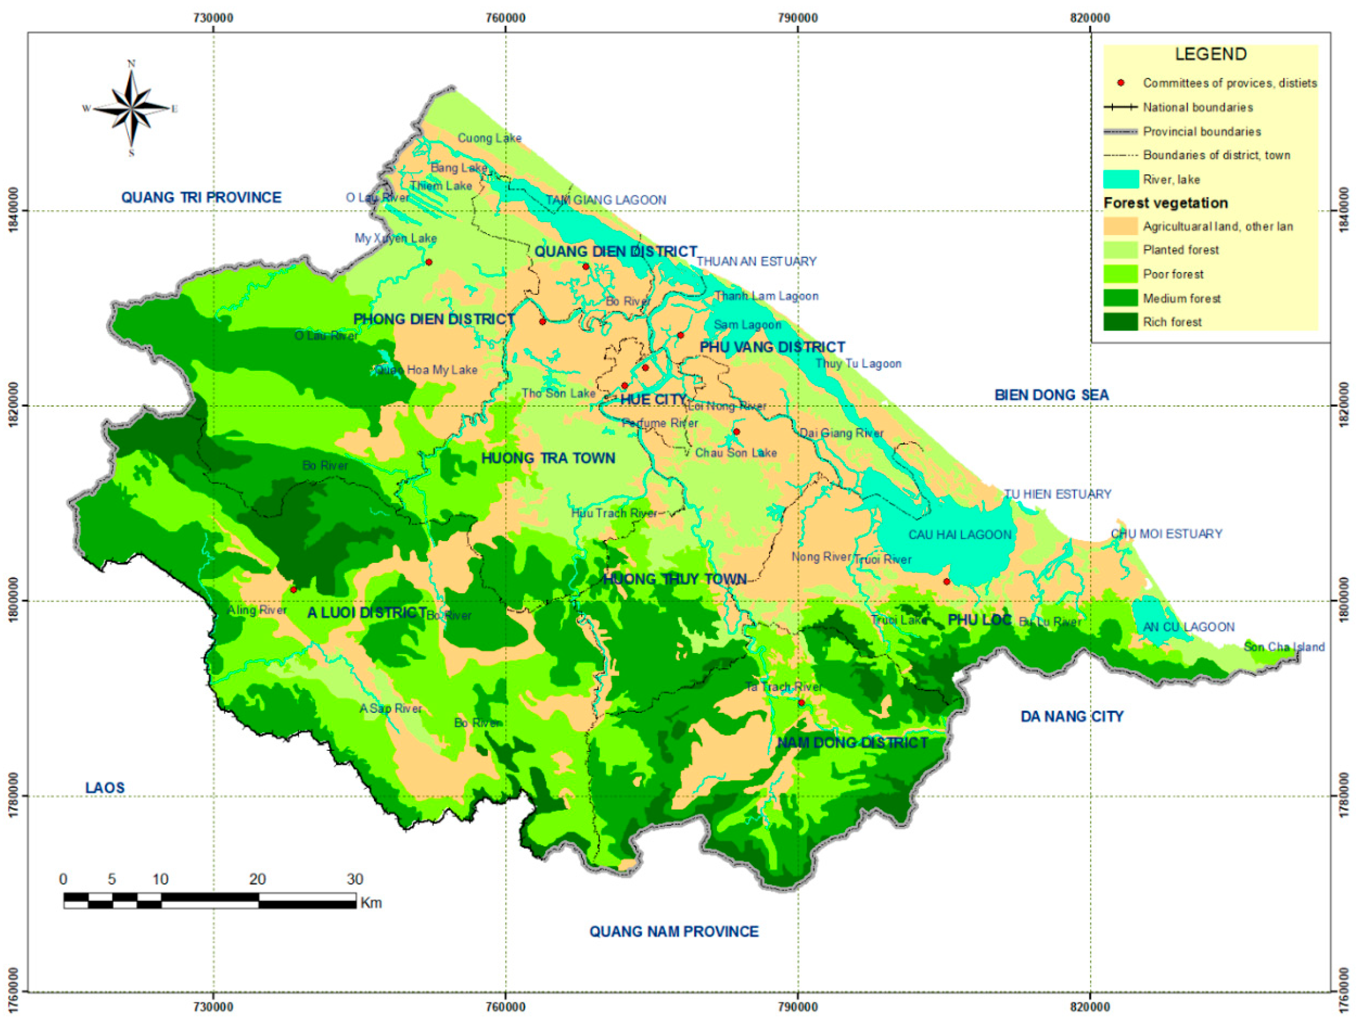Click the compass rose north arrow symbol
coord(131,108)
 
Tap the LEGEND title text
coord(1210,54)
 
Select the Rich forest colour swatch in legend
coord(1120,322)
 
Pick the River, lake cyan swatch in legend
coord(1120,179)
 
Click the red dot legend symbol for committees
coord(1120,83)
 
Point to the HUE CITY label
coord(653,400)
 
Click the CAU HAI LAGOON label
coord(959,535)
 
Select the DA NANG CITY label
coord(1072,716)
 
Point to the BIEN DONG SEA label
coord(1051,395)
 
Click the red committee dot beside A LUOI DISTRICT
coord(294,589)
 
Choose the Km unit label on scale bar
coord(371,903)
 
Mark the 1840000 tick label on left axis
coord(14,210)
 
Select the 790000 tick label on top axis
coord(798,18)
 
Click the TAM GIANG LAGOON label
coord(606,200)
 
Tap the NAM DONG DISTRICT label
coord(852,743)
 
